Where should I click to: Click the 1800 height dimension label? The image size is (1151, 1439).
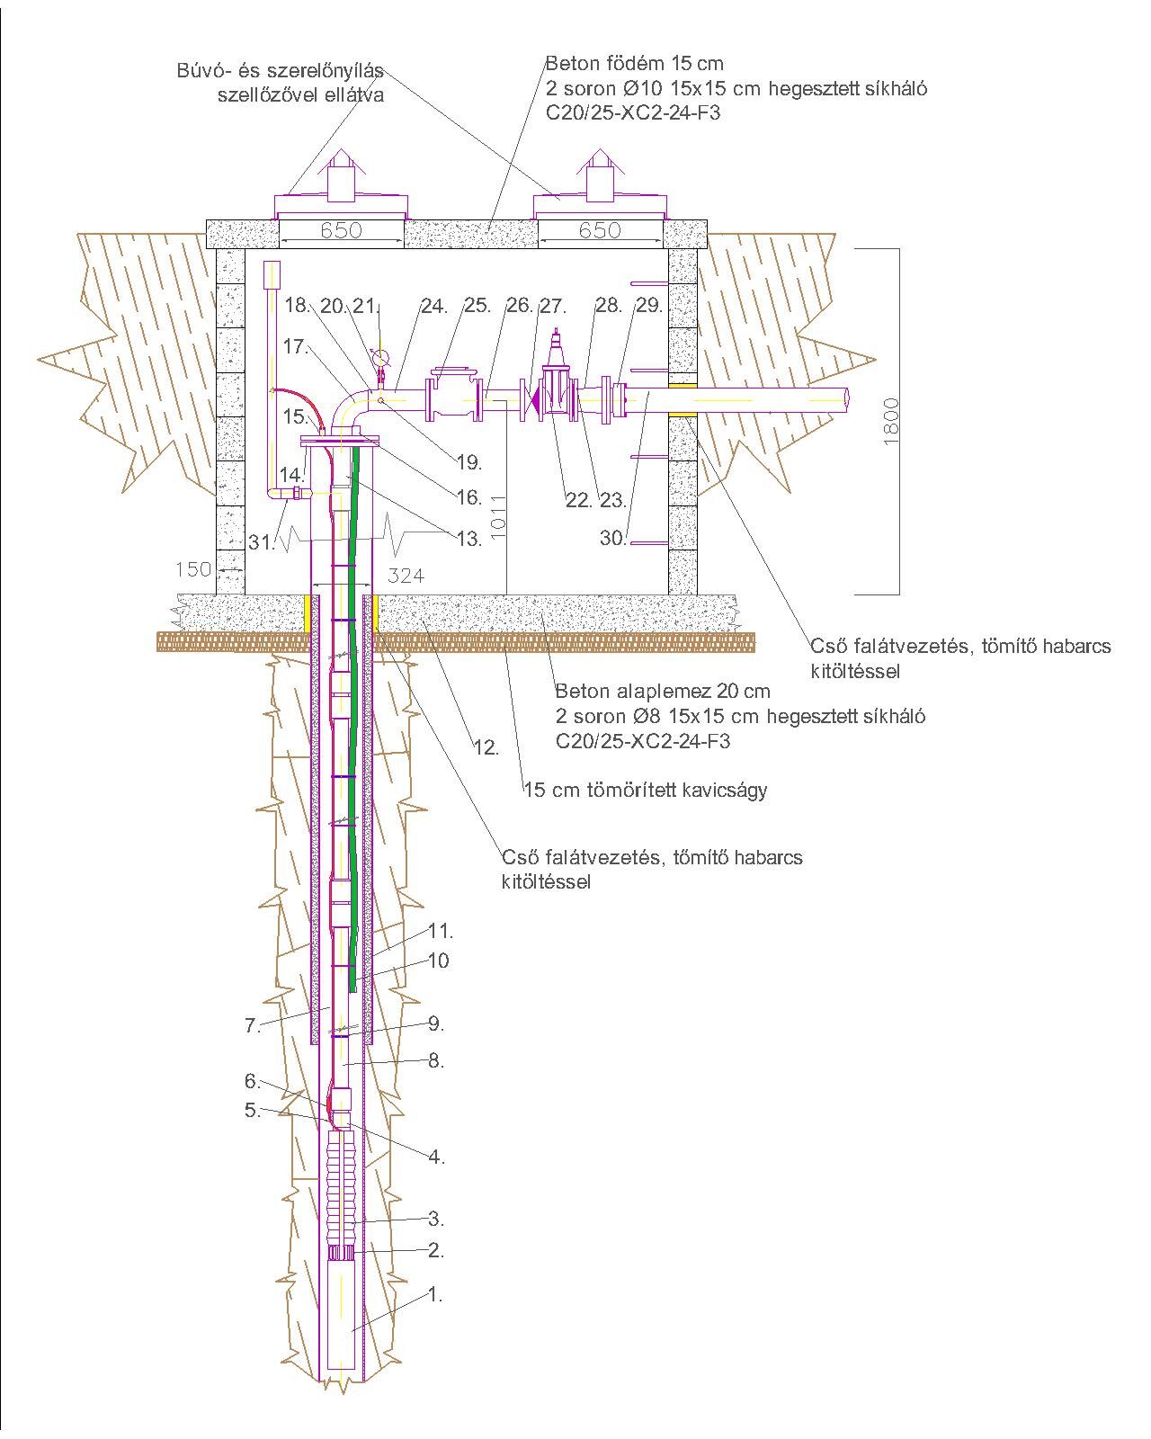pos(890,421)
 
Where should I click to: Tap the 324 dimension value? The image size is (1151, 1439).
pos(406,576)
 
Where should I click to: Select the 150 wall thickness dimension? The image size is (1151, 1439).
pos(193,568)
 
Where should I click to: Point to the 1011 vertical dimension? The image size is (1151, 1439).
pos(501,516)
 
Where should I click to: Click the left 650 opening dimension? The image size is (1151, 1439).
pos(341,230)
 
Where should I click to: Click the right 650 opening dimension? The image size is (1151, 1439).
pos(600,230)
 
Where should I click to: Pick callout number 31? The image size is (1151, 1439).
pos(260,541)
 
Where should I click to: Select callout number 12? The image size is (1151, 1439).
pos(486,746)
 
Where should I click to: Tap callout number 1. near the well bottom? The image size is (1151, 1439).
pos(435,1295)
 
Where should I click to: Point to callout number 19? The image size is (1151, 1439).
pos(468,462)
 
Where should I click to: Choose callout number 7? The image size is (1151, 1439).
pos(253,1024)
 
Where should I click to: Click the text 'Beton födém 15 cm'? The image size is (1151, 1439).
pos(634,64)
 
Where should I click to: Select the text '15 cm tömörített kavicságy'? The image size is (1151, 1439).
pos(645,791)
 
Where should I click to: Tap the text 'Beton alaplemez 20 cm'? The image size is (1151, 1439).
pos(663,692)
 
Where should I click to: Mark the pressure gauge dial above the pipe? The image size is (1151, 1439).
pos(380,356)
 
